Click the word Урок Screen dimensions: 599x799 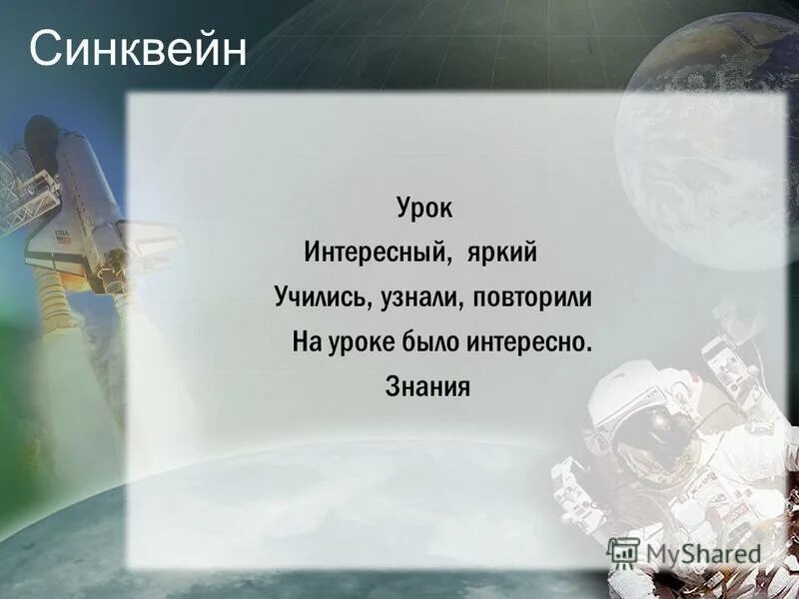[x=423, y=211]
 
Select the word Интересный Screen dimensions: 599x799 [x=374, y=254]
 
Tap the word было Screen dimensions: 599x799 [x=427, y=342]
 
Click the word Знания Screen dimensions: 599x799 [x=426, y=386]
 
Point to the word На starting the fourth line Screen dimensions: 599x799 [x=305, y=342]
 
